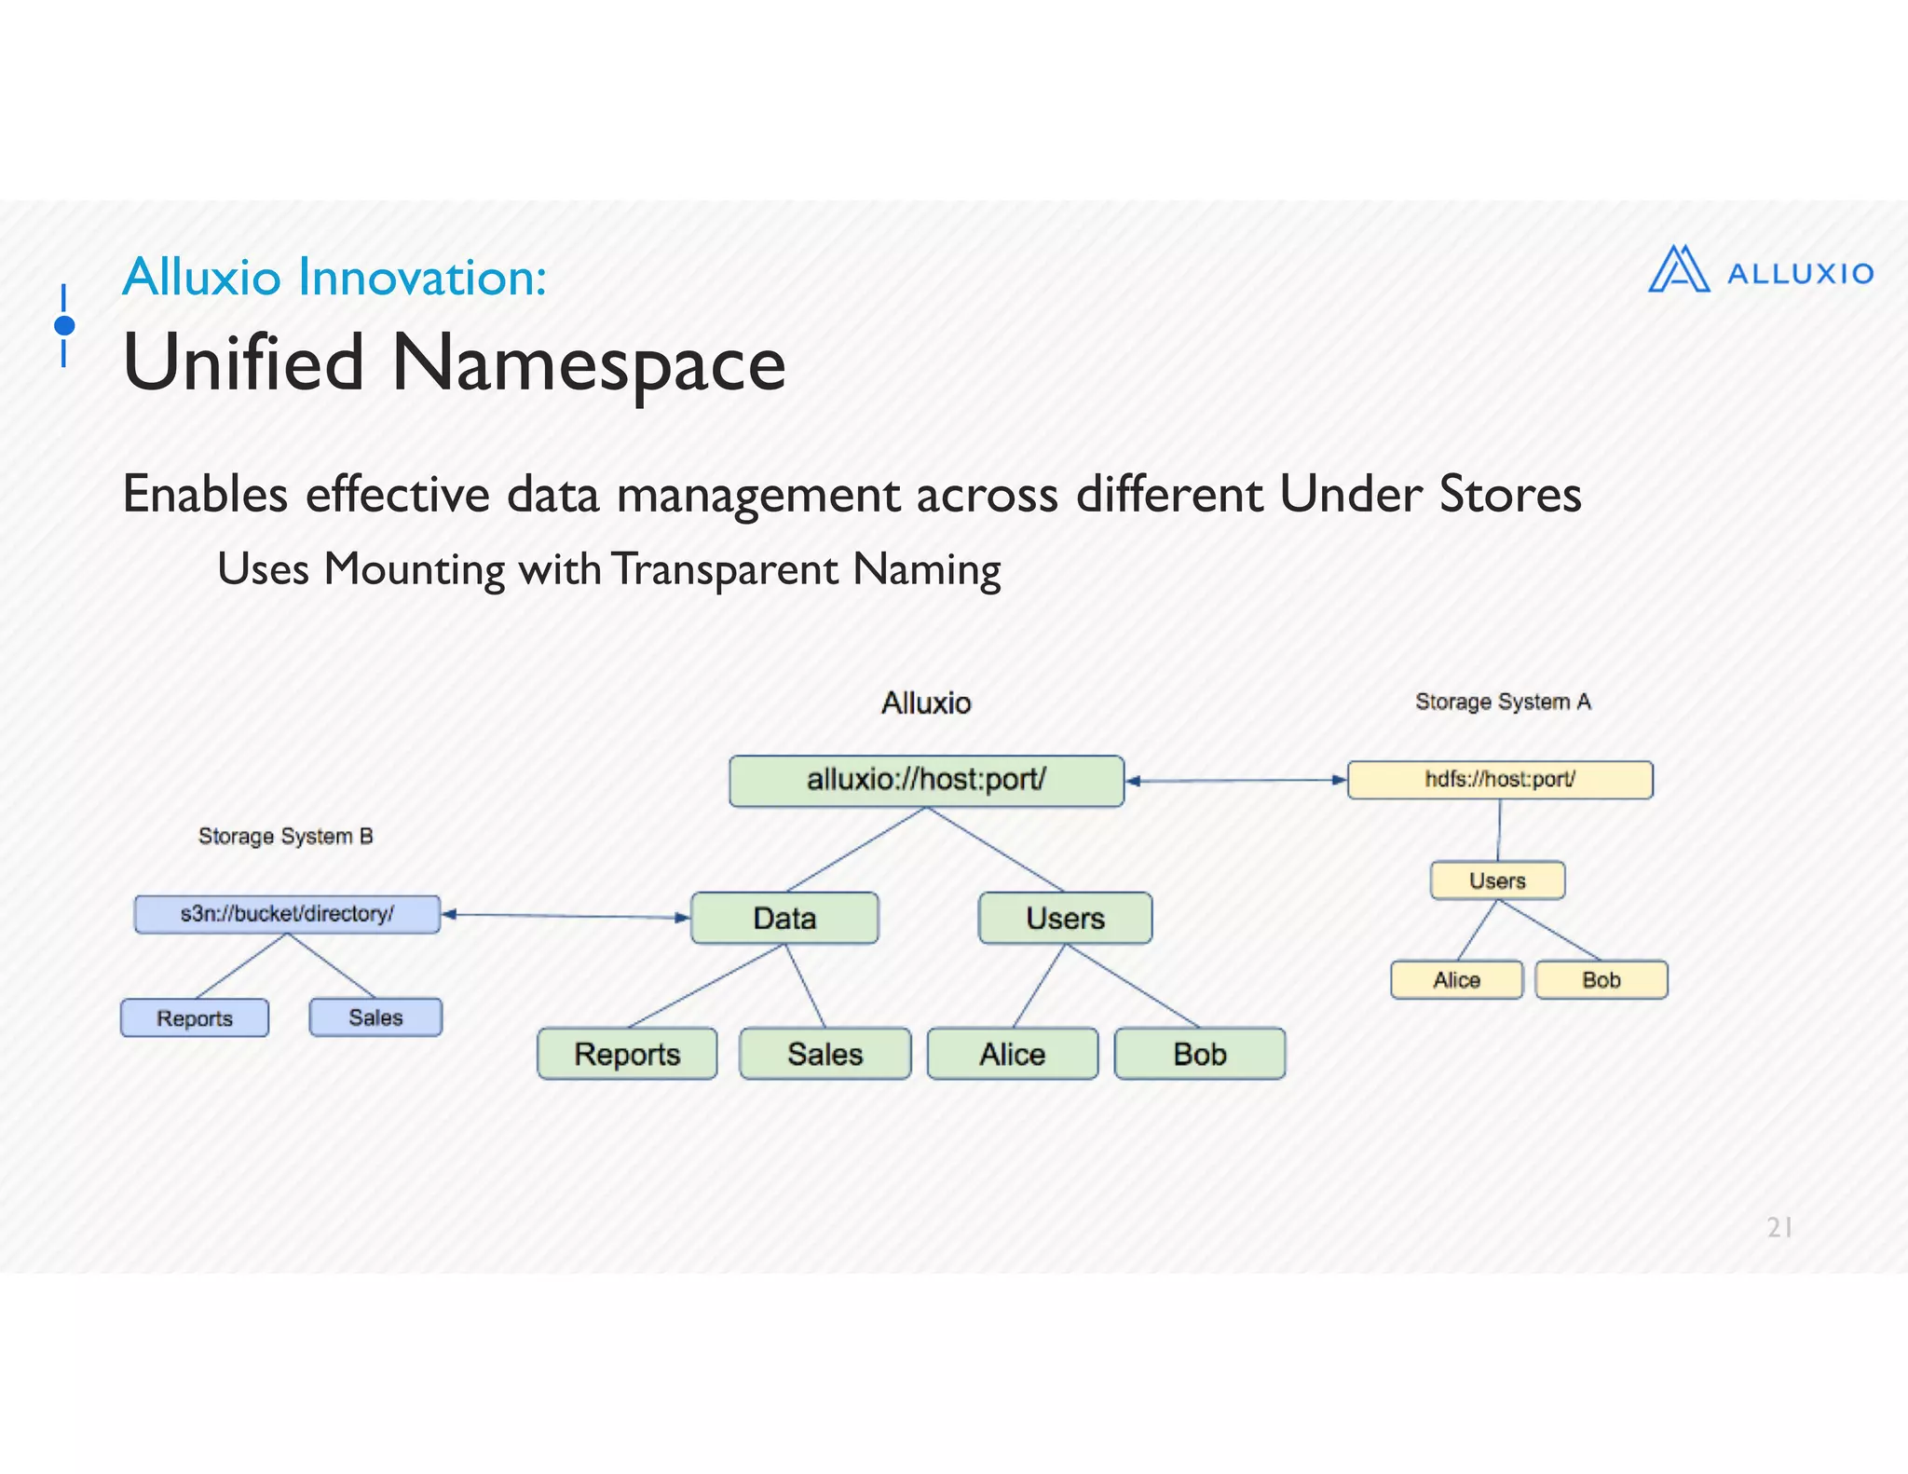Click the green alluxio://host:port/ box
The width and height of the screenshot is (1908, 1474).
[x=926, y=781]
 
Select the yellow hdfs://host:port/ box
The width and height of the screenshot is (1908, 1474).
[x=1500, y=780]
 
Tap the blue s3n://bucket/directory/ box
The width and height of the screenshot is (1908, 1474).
[x=287, y=914]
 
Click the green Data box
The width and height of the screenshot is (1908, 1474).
[x=784, y=919]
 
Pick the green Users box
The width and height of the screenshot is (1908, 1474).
[x=1065, y=919]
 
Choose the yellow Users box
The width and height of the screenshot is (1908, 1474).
[x=1497, y=880]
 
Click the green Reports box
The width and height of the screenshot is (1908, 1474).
[x=627, y=1054]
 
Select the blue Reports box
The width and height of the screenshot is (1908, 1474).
[x=195, y=1018]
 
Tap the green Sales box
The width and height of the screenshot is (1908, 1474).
[x=825, y=1054]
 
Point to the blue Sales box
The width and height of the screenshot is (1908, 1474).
[x=375, y=1017]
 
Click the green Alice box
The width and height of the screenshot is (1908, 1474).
[x=1013, y=1054]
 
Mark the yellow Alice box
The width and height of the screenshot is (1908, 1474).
[x=1456, y=980]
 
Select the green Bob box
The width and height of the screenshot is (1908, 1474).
[x=1200, y=1054]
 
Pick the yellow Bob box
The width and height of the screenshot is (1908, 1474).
[x=1601, y=980]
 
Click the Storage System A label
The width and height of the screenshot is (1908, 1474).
[x=1503, y=702]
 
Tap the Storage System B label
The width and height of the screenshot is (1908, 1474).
[x=285, y=837]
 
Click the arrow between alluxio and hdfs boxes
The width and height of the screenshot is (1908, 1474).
[x=1236, y=781]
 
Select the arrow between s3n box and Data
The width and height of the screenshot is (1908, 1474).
[x=566, y=916]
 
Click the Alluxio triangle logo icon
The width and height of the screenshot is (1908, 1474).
[x=1679, y=270]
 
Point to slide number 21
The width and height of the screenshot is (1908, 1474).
[x=1779, y=1228]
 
